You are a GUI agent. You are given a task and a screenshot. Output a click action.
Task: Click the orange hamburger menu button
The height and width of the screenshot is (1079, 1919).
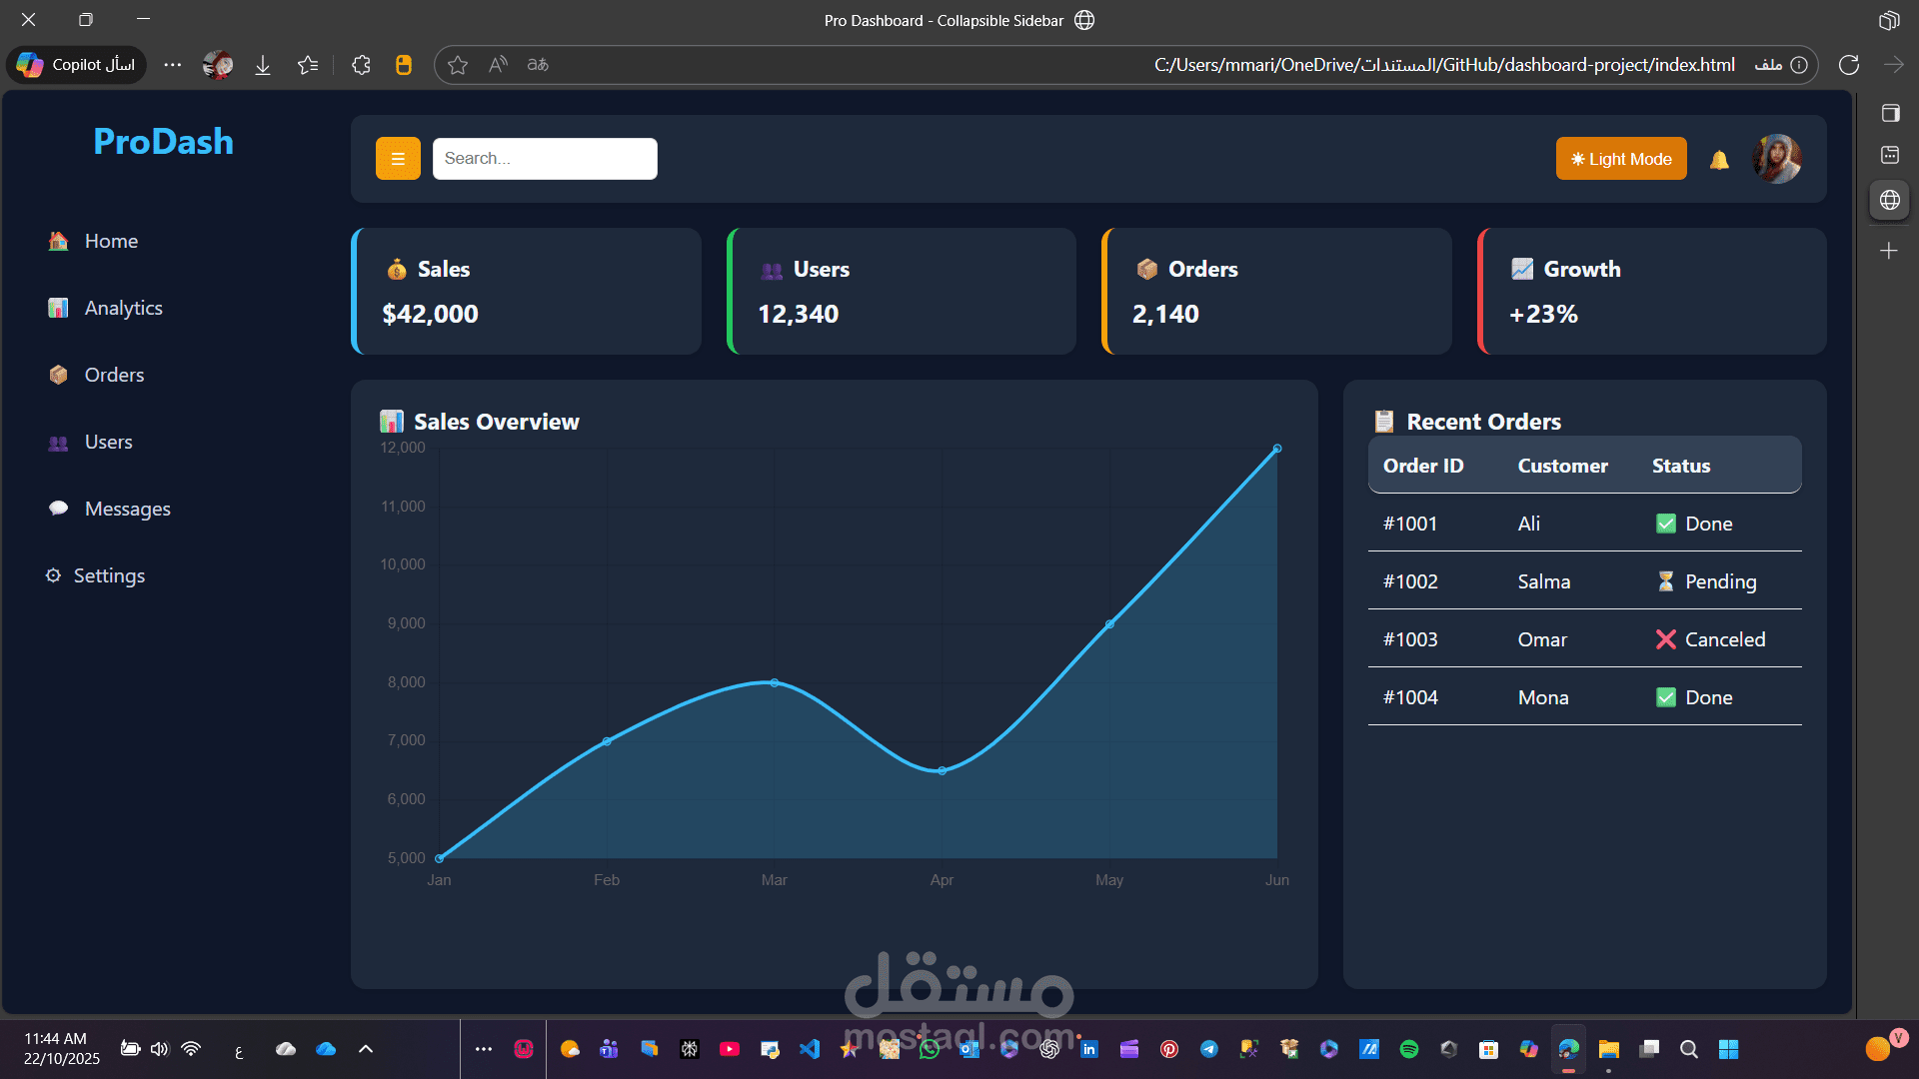[398, 159]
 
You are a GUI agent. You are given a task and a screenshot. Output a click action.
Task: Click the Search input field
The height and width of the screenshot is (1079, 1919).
[545, 159]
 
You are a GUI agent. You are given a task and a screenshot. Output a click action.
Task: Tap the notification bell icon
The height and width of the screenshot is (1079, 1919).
[1719, 160]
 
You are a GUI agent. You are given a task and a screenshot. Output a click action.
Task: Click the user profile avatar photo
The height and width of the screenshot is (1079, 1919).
[1777, 159]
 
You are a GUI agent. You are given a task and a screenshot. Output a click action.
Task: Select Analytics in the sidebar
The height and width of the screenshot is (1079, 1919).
[123, 308]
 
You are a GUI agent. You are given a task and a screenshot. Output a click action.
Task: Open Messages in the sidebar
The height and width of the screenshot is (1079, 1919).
[127, 509]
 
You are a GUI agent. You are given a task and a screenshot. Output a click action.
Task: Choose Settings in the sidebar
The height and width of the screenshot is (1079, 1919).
[109, 575]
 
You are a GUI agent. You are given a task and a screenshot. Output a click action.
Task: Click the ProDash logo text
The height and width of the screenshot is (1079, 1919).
[163, 142]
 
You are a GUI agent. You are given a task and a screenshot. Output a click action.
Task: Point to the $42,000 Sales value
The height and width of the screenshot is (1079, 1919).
[430, 314]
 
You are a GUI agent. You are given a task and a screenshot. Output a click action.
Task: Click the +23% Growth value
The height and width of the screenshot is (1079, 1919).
[1543, 314]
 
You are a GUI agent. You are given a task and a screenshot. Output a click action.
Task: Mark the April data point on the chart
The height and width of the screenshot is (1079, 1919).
[942, 770]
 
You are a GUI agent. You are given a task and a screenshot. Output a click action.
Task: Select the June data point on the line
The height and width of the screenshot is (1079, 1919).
[1276, 449]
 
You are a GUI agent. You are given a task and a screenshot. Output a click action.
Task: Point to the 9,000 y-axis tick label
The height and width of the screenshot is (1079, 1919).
[406, 623]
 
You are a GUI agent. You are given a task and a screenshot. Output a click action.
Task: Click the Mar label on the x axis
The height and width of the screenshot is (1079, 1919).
[774, 880]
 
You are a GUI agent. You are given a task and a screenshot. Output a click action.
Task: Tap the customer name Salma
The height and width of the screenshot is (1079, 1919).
[1543, 581]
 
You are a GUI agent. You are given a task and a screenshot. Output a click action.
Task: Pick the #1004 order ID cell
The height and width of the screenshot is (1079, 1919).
[1410, 697]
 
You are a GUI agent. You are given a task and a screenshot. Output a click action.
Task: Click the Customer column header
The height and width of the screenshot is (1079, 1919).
[1562, 466]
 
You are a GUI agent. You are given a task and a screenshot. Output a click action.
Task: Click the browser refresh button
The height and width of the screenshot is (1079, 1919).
[1849, 65]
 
